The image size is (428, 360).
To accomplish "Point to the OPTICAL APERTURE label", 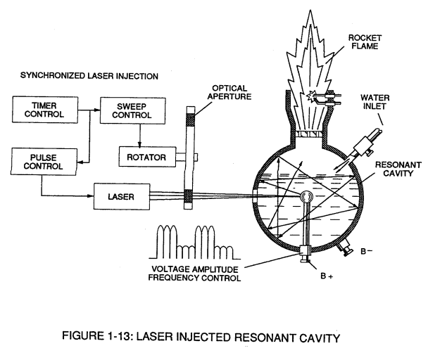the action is [x=229, y=92].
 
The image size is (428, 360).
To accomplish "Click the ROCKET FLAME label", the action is [x=365, y=41].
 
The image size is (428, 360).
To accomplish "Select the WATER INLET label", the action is [x=374, y=102].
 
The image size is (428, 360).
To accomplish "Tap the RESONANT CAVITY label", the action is [x=398, y=169].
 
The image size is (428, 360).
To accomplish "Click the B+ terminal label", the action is [x=327, y=276].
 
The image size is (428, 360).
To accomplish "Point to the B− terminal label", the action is [x=366, y=251].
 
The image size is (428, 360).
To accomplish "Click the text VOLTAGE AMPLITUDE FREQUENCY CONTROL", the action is [x=194, y=274].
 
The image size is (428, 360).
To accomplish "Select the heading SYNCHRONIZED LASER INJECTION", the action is [x=89, y=76].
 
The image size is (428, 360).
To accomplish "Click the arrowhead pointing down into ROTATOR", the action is [x=140, y=144].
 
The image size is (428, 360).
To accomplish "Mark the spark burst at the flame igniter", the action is [x=310, y=96].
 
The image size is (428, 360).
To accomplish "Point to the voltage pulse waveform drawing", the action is [x=194, y=242].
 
